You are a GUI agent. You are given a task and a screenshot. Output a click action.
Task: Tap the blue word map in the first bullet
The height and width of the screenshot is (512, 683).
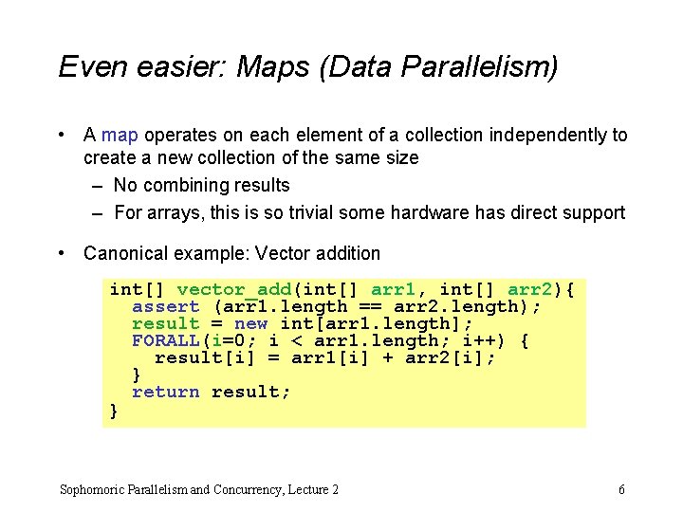tap(120, 135)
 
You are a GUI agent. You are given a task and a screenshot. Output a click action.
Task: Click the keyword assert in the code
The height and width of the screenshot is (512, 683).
tap(166, 306)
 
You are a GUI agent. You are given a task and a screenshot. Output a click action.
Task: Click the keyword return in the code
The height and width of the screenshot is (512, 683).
tap(166, 392)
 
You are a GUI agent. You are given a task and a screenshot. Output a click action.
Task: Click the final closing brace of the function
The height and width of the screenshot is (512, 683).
tap(115, 410)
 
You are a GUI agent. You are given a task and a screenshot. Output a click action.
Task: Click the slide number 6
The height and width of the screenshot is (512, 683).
tap(621, 489)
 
